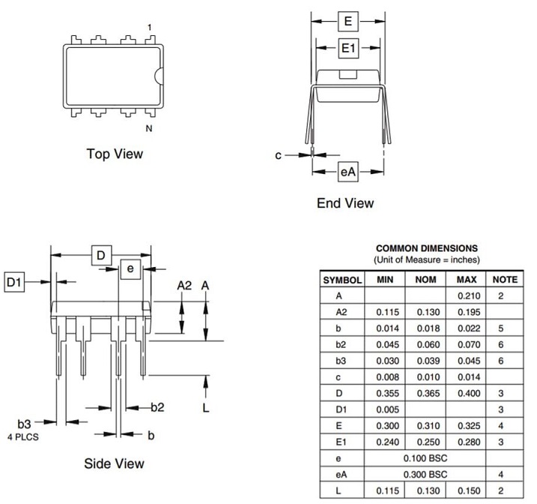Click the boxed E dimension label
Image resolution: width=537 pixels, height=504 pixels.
pyautogui.click(x=348, y=21)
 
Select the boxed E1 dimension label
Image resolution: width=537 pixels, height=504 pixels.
pyautogui.click(x=348, y=49)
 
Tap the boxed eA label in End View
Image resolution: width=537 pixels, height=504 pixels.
pyautogui.click(x=348, y=172)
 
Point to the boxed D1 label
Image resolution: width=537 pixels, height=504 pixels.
pyautogui.click(x=15, y=282)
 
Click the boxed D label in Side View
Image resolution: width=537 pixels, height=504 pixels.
pyautogui.click(x=101, y=255)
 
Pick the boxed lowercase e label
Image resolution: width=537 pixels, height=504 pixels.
pyautogui.click(x=130, y=268)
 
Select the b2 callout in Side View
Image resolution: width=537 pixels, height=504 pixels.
pyautogui.click(x=157, y=407)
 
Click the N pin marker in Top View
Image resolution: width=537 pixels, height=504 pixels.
pyautogui.click(x=149, y=128)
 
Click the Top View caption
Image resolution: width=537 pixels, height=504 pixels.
pyautogui.click(x=114, y=154)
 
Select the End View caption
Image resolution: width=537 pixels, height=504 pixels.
pyautogui.click(x=345, y=202)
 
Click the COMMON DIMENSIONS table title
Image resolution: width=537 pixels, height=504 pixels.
pyautogui.click(x=426, y=248)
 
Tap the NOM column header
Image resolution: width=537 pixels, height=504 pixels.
pyautogui.click(x=426, y=279)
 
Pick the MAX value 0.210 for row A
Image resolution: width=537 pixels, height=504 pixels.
pyautogui.click(x=467, y=295)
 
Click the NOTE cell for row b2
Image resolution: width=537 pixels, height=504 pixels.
pyautogui.click(x=505, y=345)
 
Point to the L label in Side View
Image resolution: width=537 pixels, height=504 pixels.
pyautogui.click(x=206, y=407)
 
